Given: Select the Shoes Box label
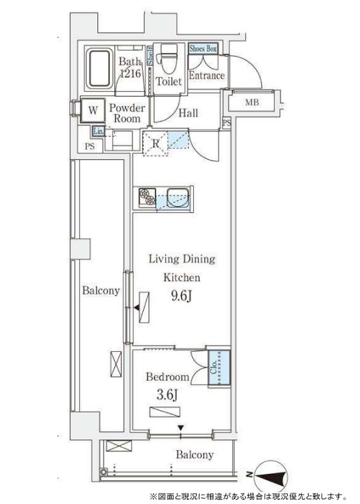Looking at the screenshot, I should (x=203, y=48).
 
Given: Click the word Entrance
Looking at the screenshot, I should (x=207, y=76).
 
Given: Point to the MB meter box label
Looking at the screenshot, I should (x=251, y=103).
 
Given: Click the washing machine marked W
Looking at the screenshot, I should (x=92, y=110).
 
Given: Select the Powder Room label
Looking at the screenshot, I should (x=127, y=113).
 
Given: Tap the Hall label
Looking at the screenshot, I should (x=188, y=113).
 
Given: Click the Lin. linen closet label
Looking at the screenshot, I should (x=99, y=131).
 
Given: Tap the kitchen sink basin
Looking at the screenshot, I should (x=172, y=197).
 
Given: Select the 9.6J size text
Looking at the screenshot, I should (x=181, y=297).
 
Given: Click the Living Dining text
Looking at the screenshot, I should (x=181, y=259).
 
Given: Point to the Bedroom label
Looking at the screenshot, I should (x=167, y=377).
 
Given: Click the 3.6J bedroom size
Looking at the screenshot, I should (x=166, y=396).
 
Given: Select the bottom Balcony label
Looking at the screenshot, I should (x=194, y=455).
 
